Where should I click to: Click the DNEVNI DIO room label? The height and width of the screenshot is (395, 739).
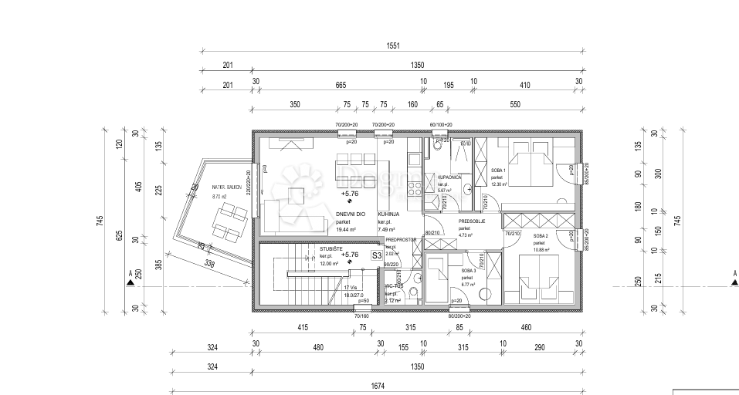(351, 214)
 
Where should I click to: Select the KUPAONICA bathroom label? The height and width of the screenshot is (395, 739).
(449, 177)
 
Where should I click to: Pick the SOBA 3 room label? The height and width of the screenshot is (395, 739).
(468, 271)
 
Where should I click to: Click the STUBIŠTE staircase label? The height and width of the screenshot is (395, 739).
(332, 248)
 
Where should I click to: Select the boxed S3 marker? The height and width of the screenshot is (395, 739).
(377, 255)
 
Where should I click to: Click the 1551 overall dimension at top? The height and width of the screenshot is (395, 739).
(393, 46)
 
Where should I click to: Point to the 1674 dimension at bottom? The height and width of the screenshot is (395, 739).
(377, 386)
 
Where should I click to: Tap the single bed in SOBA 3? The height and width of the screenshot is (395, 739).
(438, 282)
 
